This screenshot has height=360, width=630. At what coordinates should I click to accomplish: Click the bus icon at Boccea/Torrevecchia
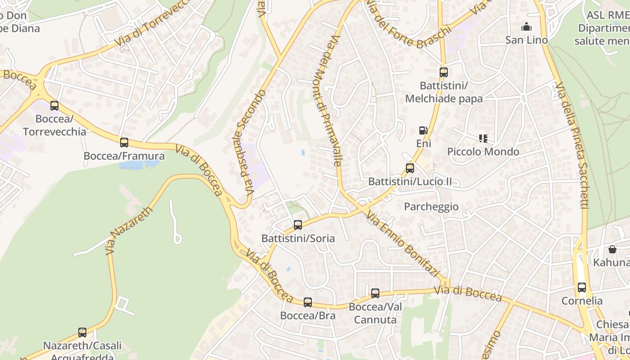(x=54, y=106)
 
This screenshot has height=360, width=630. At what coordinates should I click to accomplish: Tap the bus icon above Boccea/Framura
(x=124, y=143)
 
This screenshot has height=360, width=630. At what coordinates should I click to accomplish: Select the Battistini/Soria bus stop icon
(x=298, y=225)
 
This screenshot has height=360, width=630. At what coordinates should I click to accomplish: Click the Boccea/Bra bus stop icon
(x=308, y=302)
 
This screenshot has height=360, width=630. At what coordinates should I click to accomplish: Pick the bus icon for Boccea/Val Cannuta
(x=375, y=293)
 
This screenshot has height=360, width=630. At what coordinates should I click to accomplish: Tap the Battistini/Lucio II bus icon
(x=410, y=168)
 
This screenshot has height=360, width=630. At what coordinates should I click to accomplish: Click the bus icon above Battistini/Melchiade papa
(x=444, y=72)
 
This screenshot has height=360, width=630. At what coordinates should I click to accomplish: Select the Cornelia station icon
(x=582, y=287)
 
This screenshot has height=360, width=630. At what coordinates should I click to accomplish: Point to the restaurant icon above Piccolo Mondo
(x=483, y=139)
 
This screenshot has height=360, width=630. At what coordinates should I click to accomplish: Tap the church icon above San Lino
(x=526, y=27)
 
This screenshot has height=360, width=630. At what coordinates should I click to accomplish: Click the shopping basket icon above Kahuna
(x=612, y=249)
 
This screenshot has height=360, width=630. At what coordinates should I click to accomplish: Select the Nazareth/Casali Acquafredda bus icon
(x=82, y=333)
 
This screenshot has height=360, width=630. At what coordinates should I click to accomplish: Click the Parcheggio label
(x=431, y=207)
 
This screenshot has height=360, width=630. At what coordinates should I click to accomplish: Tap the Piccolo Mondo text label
(x=483, y=152)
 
